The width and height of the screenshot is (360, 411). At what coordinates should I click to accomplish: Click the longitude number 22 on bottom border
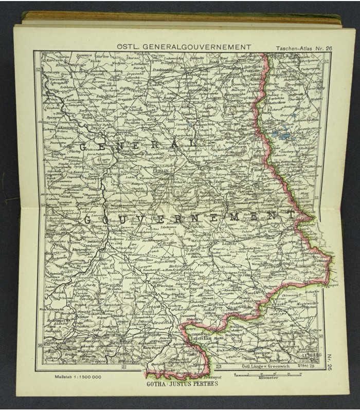tap(123, 367)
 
